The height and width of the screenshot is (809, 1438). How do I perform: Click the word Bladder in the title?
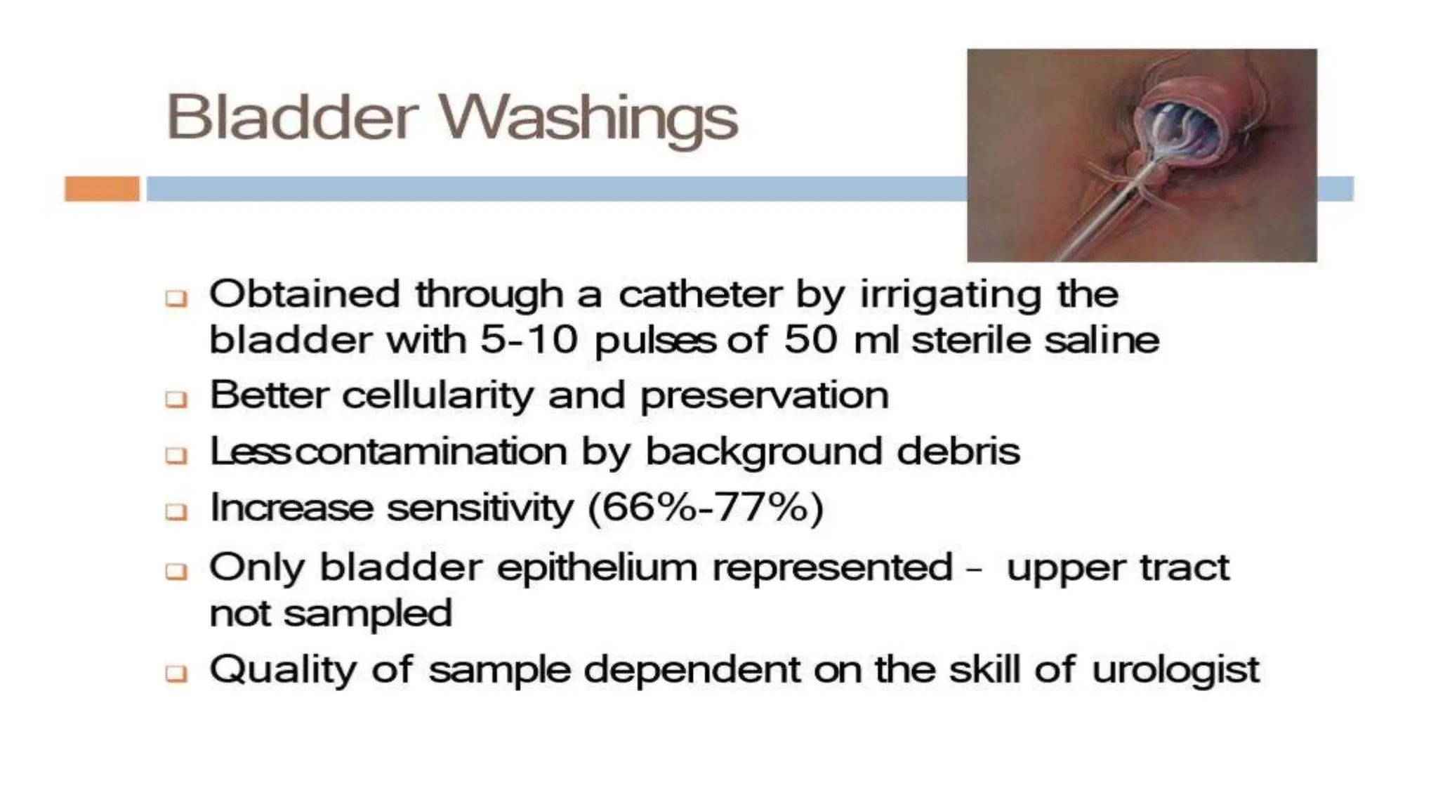[292, 117]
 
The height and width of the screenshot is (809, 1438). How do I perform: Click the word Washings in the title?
[588, 118]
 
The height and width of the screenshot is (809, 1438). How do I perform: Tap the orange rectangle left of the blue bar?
[102, 189]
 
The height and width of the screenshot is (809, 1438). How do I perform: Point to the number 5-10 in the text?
[528, 340]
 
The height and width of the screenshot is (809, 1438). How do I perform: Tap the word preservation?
[764, 396]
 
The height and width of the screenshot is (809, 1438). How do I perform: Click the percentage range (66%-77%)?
[705, 507]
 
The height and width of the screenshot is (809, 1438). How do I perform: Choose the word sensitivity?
[480, 507]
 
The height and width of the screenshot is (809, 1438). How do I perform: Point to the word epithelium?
[597, 567]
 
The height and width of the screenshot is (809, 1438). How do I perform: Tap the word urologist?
[1175, 670]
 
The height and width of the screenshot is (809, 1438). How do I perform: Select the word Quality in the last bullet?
[283, 670]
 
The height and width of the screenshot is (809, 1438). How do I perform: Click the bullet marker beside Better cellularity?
[176, 400]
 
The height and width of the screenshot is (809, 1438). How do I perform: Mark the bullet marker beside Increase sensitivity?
[176, 511]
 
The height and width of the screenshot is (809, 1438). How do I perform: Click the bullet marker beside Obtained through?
[176, 298]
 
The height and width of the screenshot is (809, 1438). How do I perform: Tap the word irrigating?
[951, 295]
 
